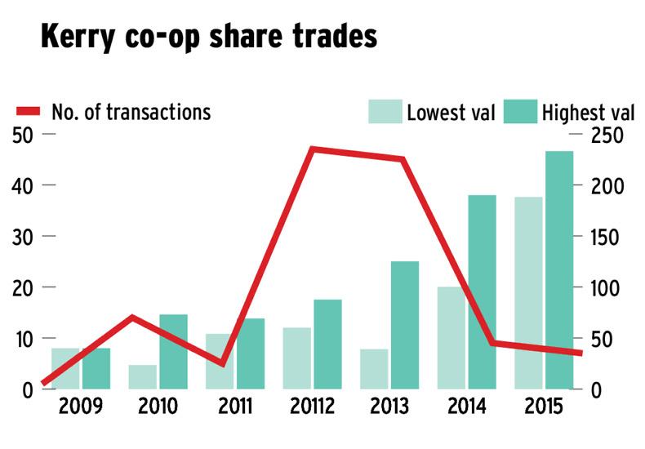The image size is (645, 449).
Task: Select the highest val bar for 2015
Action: pos(559,269)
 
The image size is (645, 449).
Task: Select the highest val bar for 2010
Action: pos(173,351)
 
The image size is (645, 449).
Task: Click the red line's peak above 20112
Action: pos(314,149)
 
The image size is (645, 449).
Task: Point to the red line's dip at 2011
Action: pos(222,363)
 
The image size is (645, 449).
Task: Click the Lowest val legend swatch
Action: pos(385,112)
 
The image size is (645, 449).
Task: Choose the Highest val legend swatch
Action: pos(519,112)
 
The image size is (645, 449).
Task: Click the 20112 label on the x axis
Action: pos(314,406)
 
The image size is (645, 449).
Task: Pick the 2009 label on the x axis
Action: pos(80,406)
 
